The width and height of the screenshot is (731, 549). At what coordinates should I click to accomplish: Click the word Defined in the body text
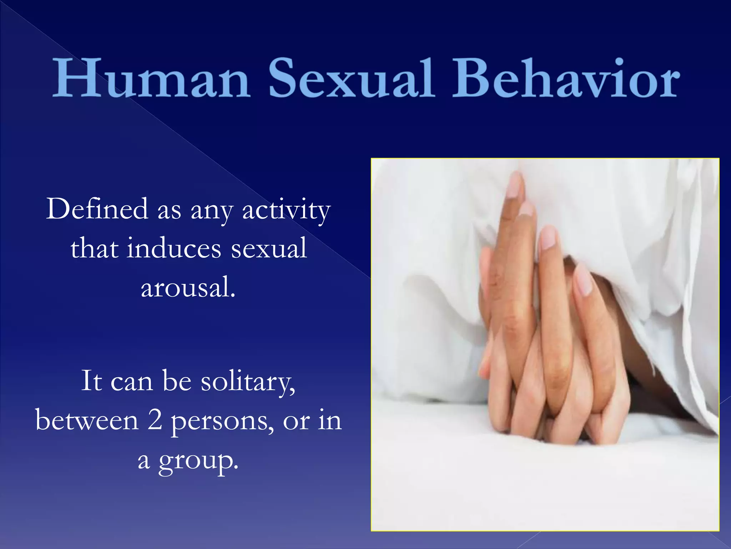click(97, 209)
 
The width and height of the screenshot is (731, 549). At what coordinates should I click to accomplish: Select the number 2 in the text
click(155, 420)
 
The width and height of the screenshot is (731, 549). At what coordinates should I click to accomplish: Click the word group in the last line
click(198, 461)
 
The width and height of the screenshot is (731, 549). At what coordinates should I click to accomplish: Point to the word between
click(87, 420)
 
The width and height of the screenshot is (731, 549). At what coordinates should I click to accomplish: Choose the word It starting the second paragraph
click(92, 381)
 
